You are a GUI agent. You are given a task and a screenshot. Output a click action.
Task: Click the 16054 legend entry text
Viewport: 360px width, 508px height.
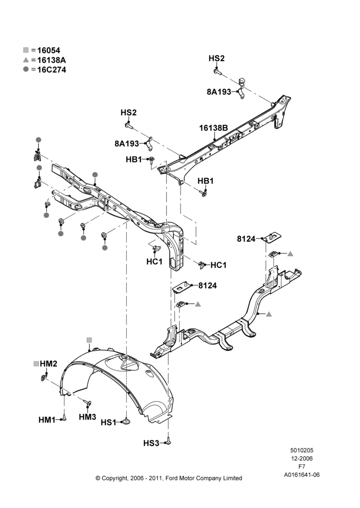click(x=49, y=50)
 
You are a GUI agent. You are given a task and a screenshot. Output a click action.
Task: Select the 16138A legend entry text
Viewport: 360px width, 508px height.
click(x=51, y=60)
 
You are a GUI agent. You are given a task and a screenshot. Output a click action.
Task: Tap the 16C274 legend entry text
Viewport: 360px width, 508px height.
click(x=51, y=70)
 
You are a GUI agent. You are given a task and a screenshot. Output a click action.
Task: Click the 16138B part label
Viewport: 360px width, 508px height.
click(x=214, y=128)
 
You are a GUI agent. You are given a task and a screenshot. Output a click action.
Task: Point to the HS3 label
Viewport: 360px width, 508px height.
click(x=151, y=443)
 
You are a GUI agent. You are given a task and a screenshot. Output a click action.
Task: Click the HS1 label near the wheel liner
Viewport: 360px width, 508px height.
click(x=108, y=423)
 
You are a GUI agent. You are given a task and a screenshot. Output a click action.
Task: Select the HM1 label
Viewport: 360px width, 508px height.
click(x=47, y=420)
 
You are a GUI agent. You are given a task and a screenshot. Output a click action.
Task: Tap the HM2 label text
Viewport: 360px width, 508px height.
click(x=48, y=364)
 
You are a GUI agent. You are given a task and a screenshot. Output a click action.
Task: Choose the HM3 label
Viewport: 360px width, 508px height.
click(x=87, y=417)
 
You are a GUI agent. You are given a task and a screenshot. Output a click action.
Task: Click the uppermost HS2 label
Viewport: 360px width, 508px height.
click(x=216, y=58)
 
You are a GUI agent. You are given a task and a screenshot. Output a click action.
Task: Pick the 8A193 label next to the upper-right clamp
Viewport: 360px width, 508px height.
click(x=219, y=91)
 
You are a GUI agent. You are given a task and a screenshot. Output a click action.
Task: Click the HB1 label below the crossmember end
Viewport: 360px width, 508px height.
click(x=205, y=181)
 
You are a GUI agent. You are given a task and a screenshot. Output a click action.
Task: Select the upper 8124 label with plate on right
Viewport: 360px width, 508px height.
click(x=246, y=239)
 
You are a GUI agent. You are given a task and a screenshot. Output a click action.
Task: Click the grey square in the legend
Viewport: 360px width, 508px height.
click(x=26, y=50)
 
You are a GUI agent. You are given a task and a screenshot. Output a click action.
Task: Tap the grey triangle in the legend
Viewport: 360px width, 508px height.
click(x=26, y=60)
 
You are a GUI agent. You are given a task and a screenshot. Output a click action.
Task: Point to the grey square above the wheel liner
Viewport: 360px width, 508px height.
click(x=89, y=340)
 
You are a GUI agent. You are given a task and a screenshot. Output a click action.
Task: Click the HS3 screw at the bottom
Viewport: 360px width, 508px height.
click(x=169, y=441)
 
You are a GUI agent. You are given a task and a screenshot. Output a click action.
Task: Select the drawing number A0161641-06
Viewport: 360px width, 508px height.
click(x=302, y=475)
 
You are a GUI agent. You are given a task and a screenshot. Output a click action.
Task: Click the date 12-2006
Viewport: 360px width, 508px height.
click(x=302, y=458)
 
